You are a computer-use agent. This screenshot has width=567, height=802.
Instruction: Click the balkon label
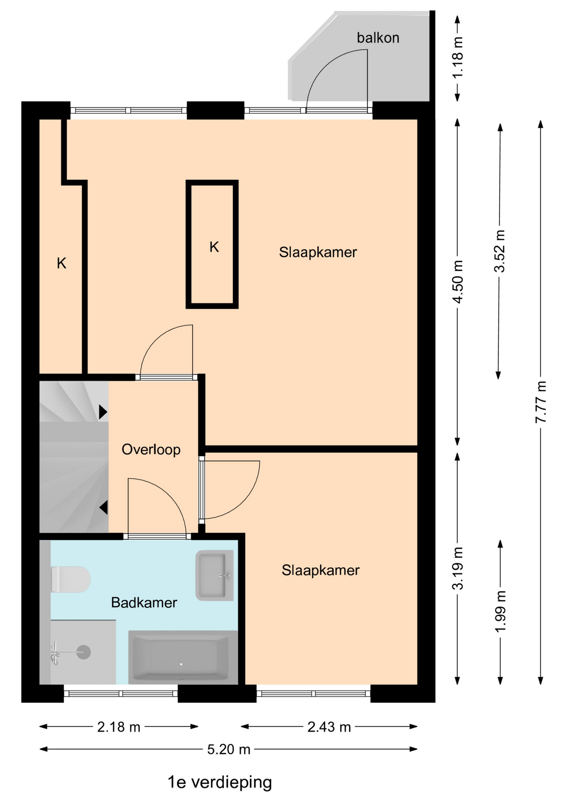pos(378,38)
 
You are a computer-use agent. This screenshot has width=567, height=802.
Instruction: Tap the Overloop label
pos(151,449)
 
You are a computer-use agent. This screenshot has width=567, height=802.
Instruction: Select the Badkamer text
pos(144,602)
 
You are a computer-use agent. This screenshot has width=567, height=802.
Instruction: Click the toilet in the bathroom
pos(71,579)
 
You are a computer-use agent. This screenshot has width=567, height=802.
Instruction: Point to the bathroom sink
pos(215,576)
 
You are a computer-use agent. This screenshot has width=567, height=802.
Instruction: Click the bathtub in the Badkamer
pos(183,657)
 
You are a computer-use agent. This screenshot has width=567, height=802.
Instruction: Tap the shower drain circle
pos(84,652)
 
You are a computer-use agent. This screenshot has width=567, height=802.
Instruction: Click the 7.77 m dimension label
pos(541,402)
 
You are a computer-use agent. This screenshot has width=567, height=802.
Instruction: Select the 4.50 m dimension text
pos(458,282)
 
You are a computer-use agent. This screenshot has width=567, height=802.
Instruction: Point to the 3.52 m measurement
pos(499,251)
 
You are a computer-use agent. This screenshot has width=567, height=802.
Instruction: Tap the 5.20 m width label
pos(229,749)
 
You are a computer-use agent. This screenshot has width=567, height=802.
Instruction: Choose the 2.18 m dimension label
pos(119,727)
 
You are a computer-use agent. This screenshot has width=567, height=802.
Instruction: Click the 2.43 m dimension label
pos(329,727)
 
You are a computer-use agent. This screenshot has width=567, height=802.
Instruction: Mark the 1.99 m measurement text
pos(500,612)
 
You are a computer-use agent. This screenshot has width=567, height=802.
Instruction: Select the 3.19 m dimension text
pos(458,568)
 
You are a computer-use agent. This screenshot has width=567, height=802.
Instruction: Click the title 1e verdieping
pos(220,782)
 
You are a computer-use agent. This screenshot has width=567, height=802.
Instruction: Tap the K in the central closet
pos(214,247)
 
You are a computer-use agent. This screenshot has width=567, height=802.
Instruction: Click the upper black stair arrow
pos(103,412)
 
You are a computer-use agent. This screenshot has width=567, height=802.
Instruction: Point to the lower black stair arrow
pos(104,508)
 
